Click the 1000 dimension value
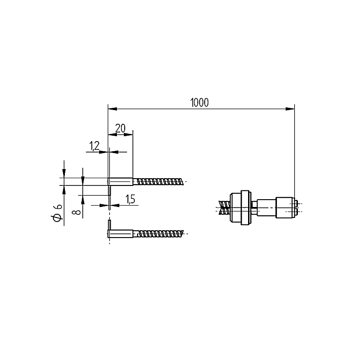click(200, 103)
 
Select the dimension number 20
click(120, 128)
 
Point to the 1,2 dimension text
click(94, 146)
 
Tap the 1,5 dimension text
click(130, 199)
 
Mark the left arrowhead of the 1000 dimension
click(112, 109)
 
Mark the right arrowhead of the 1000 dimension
click(290, 109)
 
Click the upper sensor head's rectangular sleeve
click(120, 182)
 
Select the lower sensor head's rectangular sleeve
click(120, 234)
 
